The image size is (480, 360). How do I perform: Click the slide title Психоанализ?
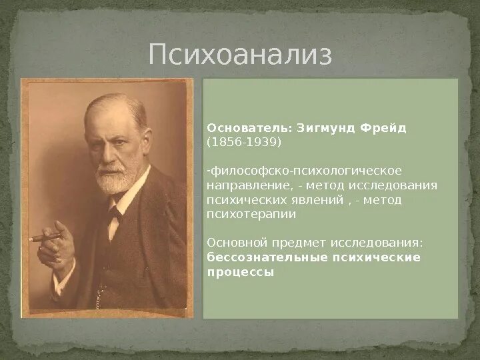[x=240, y=55]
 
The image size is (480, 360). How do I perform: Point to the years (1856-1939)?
[x=244, y=142]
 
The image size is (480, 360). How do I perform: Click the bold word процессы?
[x=241, y=273]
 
